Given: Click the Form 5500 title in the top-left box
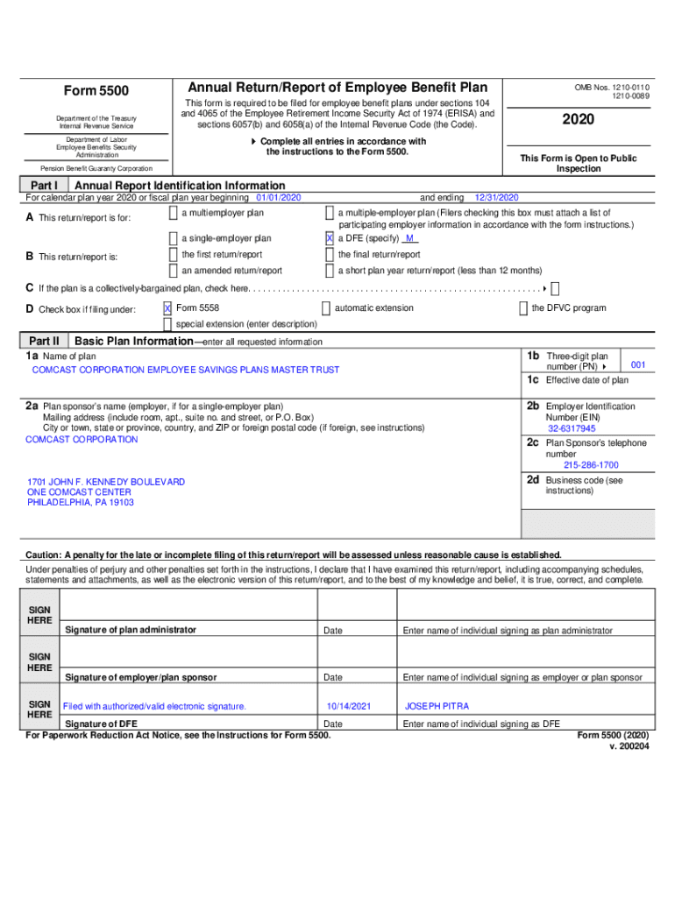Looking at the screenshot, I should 96,91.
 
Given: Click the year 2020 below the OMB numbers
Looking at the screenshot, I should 579,119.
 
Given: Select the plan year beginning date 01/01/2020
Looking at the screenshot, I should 278,198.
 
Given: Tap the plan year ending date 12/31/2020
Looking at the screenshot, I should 497,198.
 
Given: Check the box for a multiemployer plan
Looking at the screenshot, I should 174,214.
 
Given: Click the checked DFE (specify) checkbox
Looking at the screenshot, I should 329,238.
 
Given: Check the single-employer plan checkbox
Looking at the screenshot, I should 174,238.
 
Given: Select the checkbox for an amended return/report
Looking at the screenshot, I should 174,271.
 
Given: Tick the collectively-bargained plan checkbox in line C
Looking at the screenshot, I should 555,288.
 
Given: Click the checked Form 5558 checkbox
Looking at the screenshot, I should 167,308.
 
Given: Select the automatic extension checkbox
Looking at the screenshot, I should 325,308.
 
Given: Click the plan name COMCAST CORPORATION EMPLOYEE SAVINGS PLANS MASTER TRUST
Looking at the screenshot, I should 186,370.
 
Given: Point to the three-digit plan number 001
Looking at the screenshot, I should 638,364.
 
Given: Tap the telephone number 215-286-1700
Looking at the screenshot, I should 591,465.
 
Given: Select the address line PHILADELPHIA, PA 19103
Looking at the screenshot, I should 81,503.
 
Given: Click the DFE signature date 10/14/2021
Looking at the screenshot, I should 349,706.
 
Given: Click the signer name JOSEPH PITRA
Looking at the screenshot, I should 437,706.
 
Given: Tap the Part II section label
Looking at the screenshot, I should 44,341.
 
